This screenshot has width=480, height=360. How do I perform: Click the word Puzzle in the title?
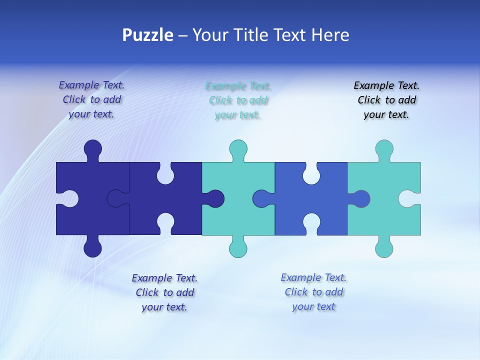click(x=147, y=35)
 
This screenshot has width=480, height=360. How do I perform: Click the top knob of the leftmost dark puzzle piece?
click(x=93, y=148)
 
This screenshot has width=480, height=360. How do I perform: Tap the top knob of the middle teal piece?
click(x=238, y=148)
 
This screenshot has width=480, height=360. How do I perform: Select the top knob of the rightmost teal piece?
click(x=384, y=148)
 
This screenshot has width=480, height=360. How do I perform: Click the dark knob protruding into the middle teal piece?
click(x=215, y=198)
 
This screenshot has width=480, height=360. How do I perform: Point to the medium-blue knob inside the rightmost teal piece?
click(x=361, y=198)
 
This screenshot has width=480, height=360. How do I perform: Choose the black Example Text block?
click(x=386, y=100)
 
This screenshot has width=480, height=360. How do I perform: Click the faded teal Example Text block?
click(x=238, y=100)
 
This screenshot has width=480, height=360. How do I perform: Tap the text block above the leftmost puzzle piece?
click(x=91, y=100)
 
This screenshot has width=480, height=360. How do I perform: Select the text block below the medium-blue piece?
click(x=313, y=292)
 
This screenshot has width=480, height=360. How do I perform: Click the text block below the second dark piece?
click(x=164, y=292)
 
